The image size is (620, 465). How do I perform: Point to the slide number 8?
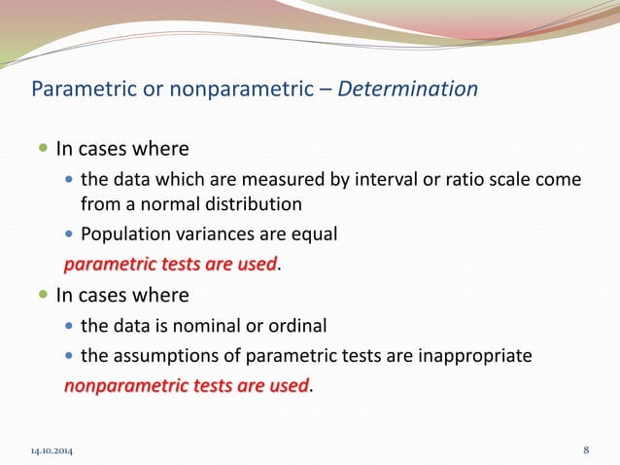(586, 449)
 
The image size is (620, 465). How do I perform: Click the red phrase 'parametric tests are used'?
(171, 264)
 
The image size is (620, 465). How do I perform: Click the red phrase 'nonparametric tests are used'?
(186, 385)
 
